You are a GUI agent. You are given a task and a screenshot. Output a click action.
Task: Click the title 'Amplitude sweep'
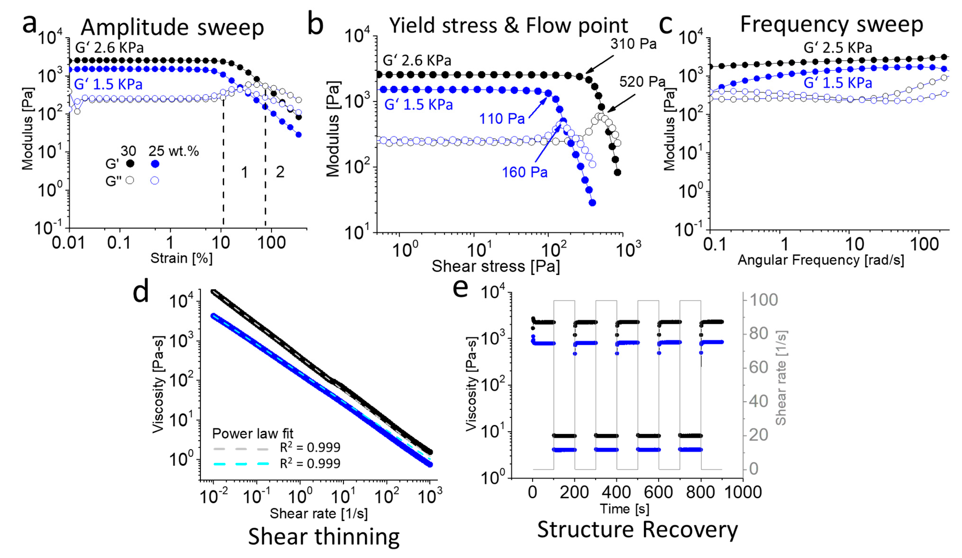[x=172, y=27]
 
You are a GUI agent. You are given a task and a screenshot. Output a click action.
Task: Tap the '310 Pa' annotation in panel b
[x=633, y=44]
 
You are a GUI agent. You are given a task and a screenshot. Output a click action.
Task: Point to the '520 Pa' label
[x=642, y=82]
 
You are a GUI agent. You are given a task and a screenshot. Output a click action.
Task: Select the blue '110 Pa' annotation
[x=502, y=119]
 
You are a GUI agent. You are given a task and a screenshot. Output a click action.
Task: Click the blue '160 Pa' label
[x=524, y=173]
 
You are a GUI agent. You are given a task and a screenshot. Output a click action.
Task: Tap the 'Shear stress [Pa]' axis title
[x=496, y=266]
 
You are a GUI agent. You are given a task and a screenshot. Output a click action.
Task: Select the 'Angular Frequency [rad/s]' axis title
[x=821, y=260]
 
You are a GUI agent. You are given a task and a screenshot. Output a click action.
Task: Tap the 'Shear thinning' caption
[x=324, y=537]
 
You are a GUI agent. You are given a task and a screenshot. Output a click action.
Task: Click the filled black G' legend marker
[x=130, y=164]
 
